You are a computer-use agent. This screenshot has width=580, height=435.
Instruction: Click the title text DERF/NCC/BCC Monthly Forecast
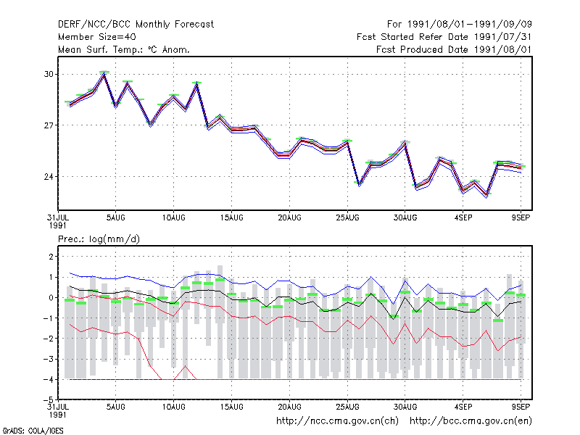point(136,25)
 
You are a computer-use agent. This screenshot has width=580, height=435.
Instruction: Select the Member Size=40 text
point(97,37)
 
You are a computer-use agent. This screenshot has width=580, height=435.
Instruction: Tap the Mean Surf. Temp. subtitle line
point(124,49)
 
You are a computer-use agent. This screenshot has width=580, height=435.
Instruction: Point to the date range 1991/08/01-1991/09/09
point(469,25)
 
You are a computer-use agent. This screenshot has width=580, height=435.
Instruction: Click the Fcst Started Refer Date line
point(444,37)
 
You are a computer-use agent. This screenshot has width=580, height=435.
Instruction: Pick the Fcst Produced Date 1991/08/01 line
point(454,49)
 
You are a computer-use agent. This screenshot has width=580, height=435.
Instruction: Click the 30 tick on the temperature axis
point(49,75)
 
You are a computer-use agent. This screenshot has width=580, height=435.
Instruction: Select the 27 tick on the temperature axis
point(49,125)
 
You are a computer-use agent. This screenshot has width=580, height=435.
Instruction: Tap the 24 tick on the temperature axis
point(49,177)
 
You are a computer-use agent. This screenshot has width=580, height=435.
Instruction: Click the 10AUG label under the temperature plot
point(173,218)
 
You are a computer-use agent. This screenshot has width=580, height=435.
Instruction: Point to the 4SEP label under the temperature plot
point(463,218)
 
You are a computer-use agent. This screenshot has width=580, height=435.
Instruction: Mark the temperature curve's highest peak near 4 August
point(104,74)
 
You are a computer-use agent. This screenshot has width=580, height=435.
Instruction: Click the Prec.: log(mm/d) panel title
point(99,239)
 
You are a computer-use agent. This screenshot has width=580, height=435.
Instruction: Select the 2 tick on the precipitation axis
point(51,257)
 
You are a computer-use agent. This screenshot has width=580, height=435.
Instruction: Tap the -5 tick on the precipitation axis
point(49,400)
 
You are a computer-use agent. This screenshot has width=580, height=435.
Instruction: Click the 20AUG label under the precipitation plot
point(289,407)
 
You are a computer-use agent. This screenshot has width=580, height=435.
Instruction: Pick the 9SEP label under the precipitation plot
point(521,407)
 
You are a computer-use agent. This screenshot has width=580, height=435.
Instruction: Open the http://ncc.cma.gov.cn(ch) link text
point(337,421)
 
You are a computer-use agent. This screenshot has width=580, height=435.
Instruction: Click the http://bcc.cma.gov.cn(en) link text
point(471,421)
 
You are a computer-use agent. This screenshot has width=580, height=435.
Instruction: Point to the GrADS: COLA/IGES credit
point(33,431)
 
